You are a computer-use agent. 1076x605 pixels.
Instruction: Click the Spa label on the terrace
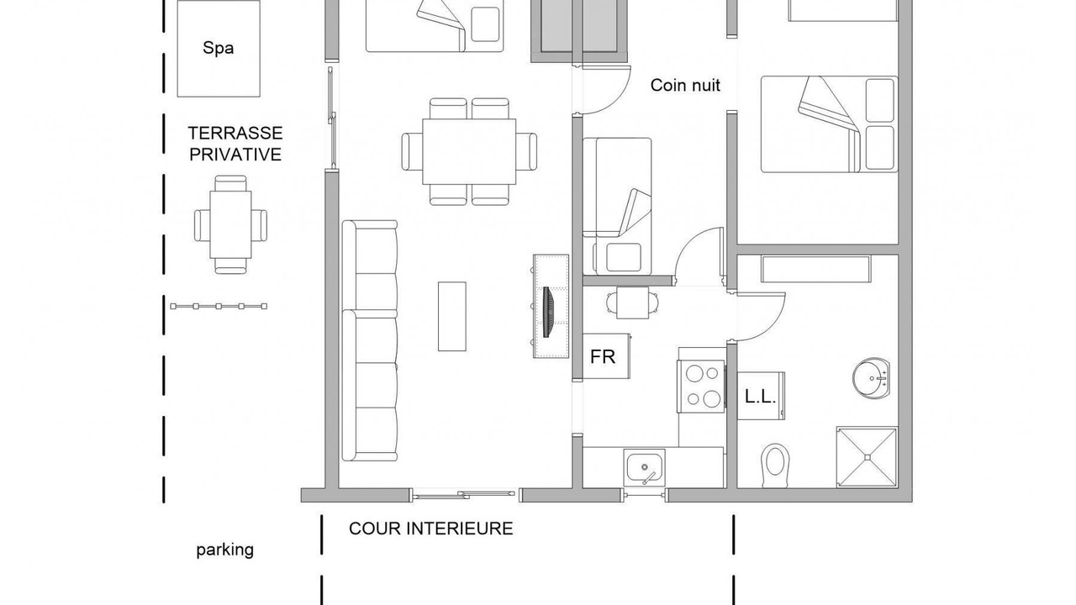(x=218, y=48)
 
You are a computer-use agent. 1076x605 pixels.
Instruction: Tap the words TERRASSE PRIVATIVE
(x=235, y=144)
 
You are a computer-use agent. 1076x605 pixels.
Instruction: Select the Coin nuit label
(x=685, y=85)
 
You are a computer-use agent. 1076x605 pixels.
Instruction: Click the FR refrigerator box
(x=606, y=356)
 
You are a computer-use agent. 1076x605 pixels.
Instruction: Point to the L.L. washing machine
(x=761, y=396)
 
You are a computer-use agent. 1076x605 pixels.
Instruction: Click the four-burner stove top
(x=701, y=386)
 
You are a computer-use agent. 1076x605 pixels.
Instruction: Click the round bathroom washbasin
(x=872, y=378)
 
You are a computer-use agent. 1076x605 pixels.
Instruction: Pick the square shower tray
(x=867, y=456)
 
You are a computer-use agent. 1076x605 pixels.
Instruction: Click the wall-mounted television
(x=547, y=312)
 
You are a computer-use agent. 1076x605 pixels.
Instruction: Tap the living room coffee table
(x=452, y=317)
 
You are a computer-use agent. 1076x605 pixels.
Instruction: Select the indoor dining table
(x=469, y=151)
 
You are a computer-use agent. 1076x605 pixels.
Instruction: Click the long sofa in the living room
(x=370, y=340)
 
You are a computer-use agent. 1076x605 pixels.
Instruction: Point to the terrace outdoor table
(x=230, y=224)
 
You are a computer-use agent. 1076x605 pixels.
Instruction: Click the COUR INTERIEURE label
(x=431, y=529)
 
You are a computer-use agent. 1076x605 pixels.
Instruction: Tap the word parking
(x=224, y=550)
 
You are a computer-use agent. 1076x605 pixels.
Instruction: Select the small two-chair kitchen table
(x=631, y=302)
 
